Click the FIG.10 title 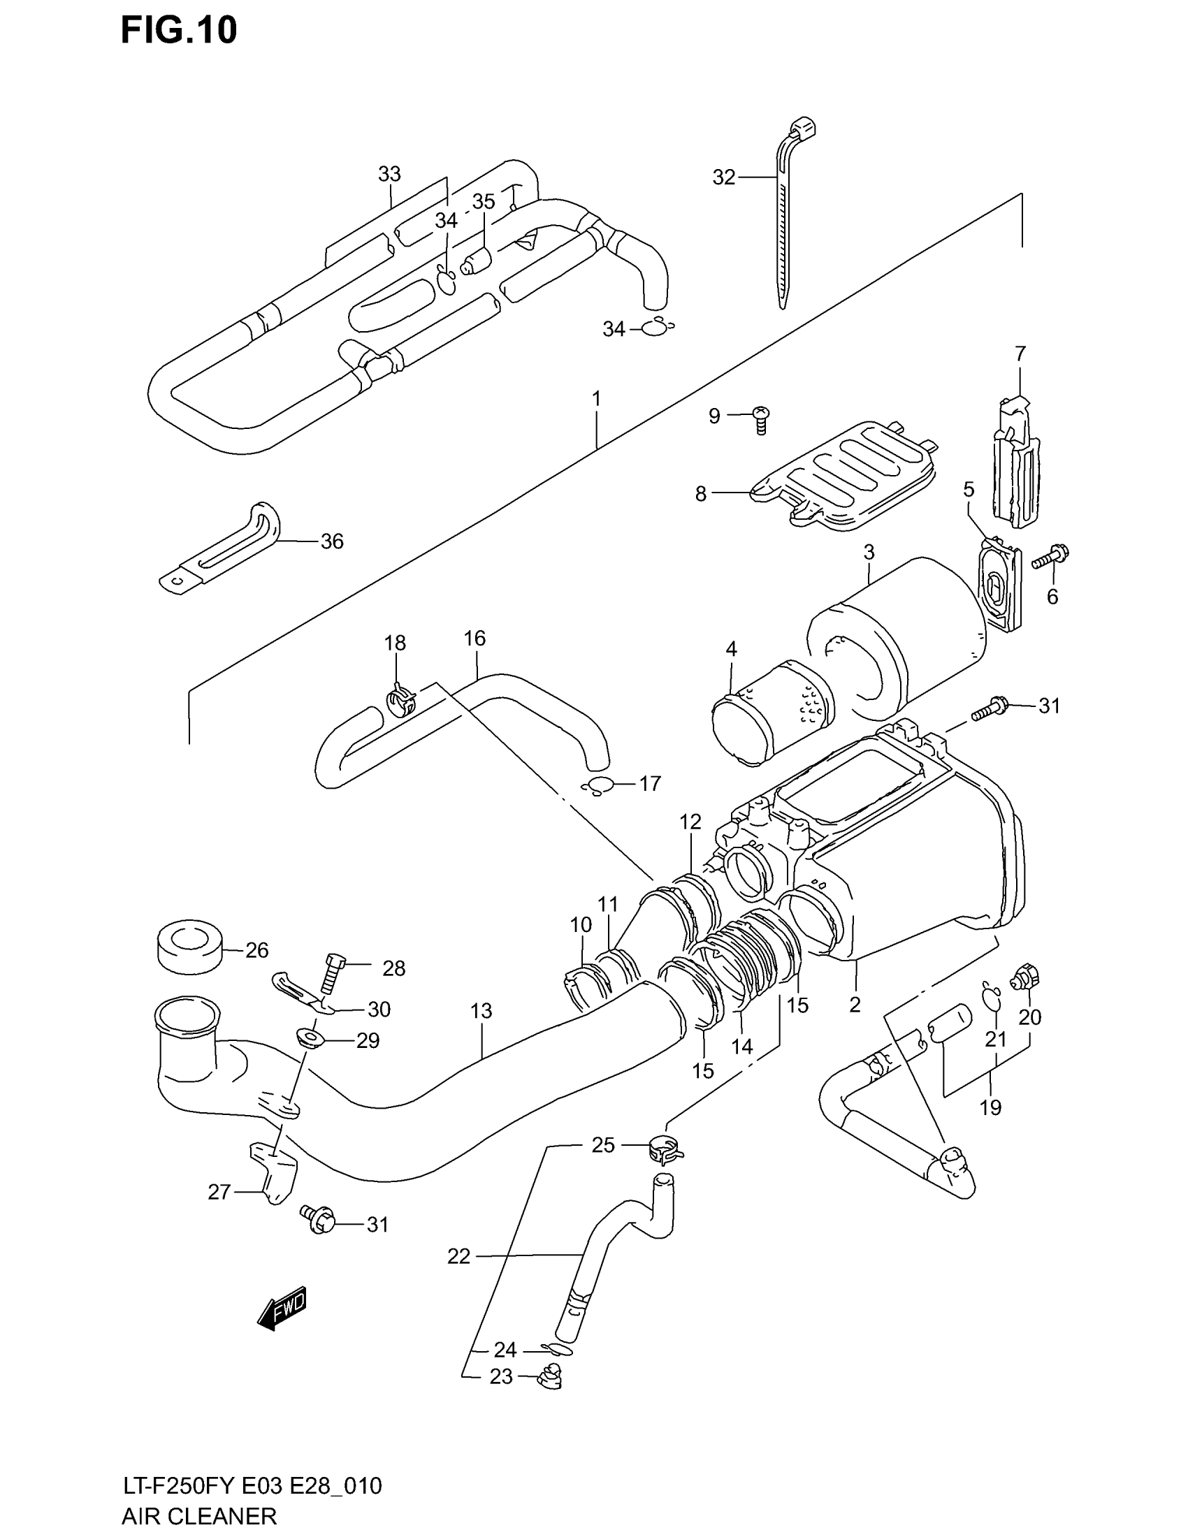tap(179, 31)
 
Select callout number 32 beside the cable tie tap(723, 177)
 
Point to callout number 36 tap(331, 541)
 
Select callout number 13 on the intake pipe tap(481, 1012)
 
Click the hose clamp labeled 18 tap(402, 699)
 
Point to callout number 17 tap(650, 783)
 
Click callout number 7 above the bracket tap(1020, 354)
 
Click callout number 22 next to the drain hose tap(458, 1256)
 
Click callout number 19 tap(990, 1108)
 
